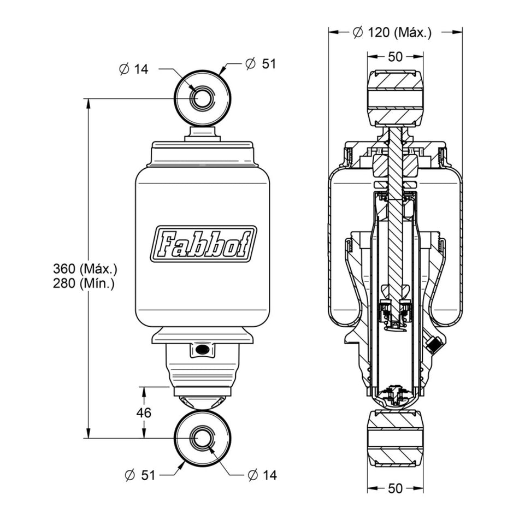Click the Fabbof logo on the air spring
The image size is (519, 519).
click(x=203, y=244)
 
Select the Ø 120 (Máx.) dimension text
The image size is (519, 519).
click(x=392, y=32)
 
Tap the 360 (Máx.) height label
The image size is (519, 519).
click(x=85, y=269)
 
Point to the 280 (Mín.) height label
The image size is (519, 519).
click(x=84, y=284)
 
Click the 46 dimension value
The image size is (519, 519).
click(x=144, y=413)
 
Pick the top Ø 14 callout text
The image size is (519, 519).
click(x=134, y=69)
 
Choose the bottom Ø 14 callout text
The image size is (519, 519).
click(x=262, y=475)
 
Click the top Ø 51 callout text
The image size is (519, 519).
click(x=261, y=63)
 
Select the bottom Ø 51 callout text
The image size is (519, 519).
click(x=140, y=475)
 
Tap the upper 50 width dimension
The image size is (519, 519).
click(x=395, y=57)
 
